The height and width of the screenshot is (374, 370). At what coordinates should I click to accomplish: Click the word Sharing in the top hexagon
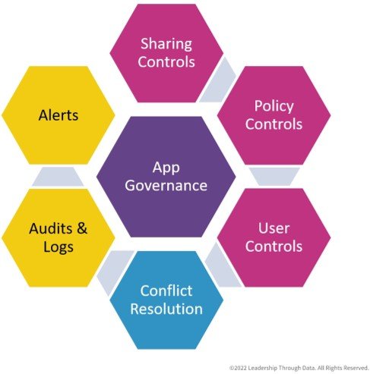point(166,45)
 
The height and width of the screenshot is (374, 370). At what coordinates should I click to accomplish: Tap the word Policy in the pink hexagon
point(274,106)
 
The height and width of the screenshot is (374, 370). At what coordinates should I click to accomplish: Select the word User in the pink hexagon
point(274,228)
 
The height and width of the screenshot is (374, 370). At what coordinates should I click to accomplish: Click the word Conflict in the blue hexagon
point(166,291)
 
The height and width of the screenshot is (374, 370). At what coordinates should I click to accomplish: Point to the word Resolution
point(166,309)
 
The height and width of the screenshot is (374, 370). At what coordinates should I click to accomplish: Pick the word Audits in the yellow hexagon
point(51,228)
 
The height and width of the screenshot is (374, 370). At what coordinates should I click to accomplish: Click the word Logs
point(59,247)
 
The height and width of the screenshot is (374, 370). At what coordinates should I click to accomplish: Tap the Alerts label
point(59,115)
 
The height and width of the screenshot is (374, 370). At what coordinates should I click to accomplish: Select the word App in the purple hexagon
point(166,168)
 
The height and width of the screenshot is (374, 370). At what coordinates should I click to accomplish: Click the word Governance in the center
point(166,185)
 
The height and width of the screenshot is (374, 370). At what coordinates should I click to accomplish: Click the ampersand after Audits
point(82,228)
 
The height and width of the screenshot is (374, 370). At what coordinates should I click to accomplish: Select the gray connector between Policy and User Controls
point(274,176)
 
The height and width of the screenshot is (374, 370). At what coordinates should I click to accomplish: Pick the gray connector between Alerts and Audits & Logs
point(58,177)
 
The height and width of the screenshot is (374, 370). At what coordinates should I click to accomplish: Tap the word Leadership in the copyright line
point(263,368)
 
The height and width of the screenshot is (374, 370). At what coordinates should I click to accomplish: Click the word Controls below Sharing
point(166,62)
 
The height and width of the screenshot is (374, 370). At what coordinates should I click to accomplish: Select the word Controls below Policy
point(274,124)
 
